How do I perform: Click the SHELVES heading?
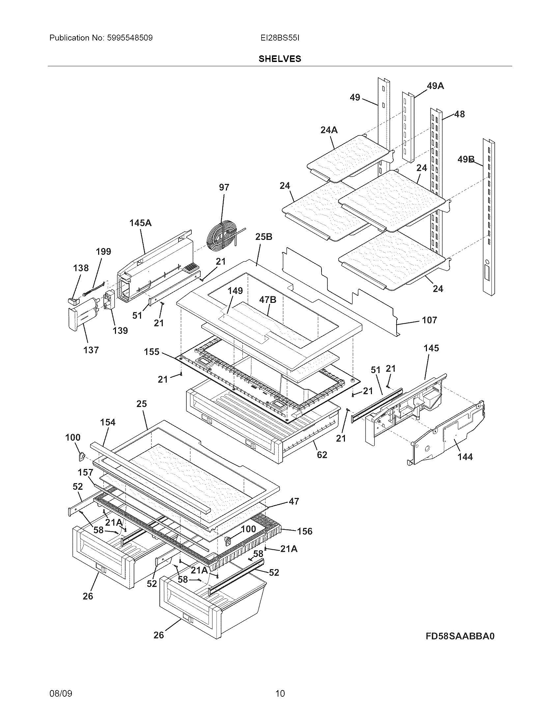[x=280, y=59]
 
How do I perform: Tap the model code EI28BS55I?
[x=280, y=38]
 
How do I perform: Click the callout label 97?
[x=224, y=187]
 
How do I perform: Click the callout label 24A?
[x=329, y=130]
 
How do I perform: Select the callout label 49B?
[x=465, y=159]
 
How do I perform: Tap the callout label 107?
[x=429, y=320]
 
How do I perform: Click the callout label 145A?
[x=140, y=223]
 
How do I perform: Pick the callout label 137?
[x=91, y=350]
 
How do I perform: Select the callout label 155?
[x=152, y=352]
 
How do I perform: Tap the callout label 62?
[x=322, y=455]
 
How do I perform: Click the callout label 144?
[x=465, y=457]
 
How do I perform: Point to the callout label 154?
[x=108, y=422]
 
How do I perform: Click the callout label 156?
[x=305, y=531]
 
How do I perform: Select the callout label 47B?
[x=267, y=300]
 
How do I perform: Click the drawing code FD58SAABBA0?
[x=460, y=636]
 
